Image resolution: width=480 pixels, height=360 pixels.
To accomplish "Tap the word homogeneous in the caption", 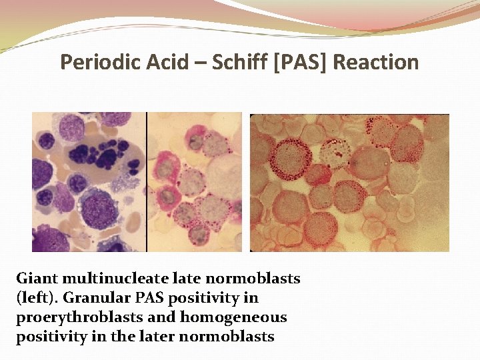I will (x=236, y=317).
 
